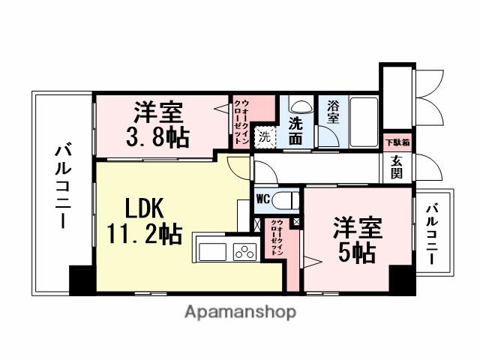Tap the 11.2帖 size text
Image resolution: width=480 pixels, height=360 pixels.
click(145, 234)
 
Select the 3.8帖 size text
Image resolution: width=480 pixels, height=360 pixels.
click(158, 137)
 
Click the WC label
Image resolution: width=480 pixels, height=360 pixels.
click(263, 199)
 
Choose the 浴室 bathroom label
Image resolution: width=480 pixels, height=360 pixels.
click(333, 113)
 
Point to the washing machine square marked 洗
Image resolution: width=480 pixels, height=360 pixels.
click(264, 137)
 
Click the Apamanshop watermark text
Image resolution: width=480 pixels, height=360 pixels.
click(240, 312)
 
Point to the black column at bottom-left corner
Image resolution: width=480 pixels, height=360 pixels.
click(81, 279)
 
